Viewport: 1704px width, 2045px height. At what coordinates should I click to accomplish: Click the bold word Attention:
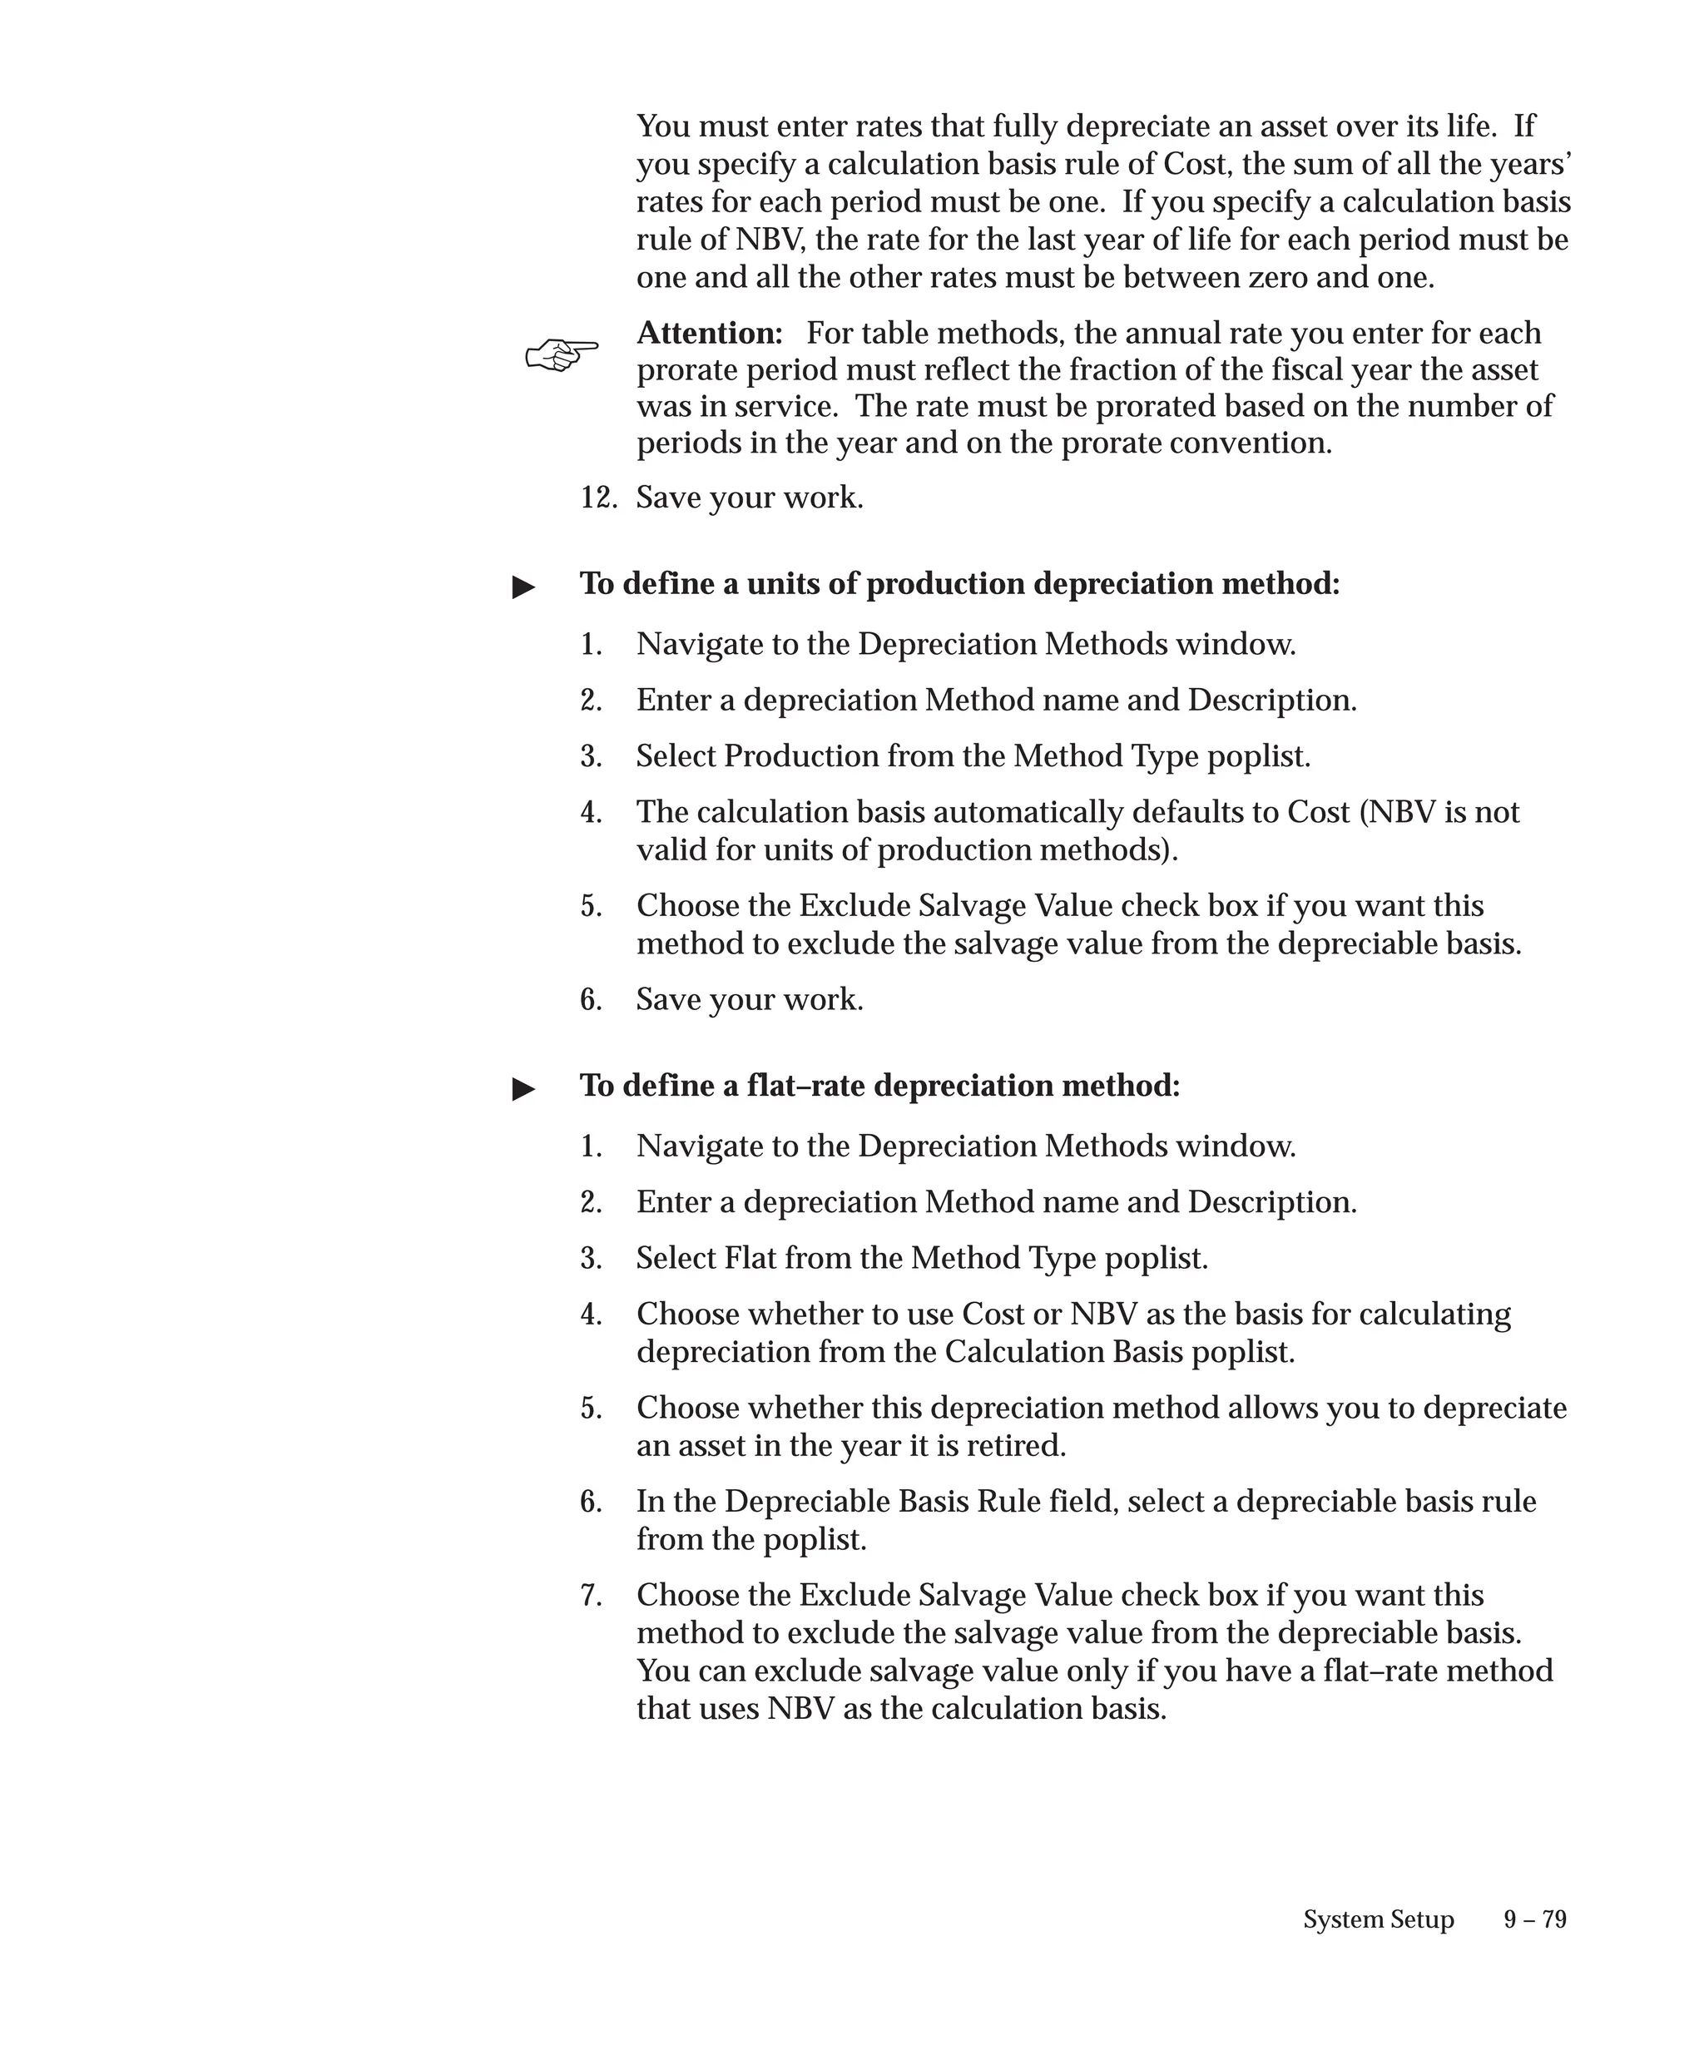point(709,333)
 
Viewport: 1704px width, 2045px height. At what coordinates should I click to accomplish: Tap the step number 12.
point(598,498)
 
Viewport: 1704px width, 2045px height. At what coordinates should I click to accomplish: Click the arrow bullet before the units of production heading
point(524,587)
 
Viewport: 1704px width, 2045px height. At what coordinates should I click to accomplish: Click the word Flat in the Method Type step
point(750,1258)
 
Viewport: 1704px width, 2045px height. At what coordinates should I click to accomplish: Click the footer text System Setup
point(1378,1919)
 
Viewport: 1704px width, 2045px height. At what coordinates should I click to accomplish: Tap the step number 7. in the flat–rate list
point(591,1595)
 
